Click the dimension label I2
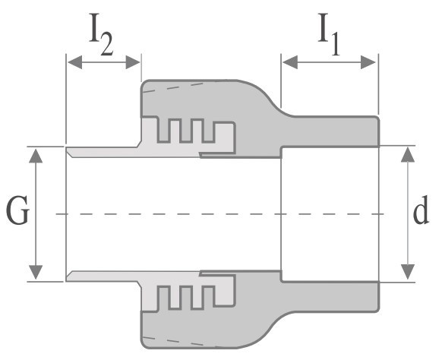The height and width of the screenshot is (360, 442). click(x=101, y=34)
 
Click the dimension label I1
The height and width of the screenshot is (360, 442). click(x=329, y=34)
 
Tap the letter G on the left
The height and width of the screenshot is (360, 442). click(x=17, y=210)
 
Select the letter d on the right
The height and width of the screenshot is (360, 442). click(x=421, y=210)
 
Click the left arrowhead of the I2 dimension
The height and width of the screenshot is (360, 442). click(x=75, y=62)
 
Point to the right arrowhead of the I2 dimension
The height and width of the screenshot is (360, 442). click(x=133, y=62)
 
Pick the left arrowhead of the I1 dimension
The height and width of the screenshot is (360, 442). click(x=290, y=62)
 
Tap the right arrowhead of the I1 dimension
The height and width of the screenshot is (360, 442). click(x=368, y=62)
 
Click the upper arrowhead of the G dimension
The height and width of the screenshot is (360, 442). click(x=36, y=156)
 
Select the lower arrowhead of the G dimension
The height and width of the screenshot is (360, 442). click(x=36, y=273)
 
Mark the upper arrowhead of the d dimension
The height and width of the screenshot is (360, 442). click(x=408, y=154)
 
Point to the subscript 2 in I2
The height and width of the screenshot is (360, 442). click(x=107, y=45)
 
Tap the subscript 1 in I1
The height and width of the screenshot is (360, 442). click(x=335, y=45)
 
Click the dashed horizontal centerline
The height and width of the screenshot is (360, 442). click(x=220, y=214)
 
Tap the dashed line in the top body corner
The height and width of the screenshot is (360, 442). click(x=173, y=87)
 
